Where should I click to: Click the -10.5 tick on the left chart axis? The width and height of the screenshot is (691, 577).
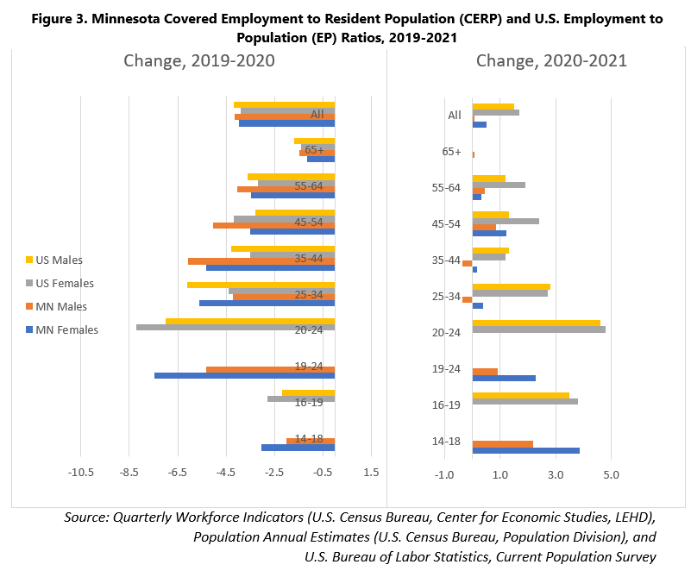click(x=80, y=473)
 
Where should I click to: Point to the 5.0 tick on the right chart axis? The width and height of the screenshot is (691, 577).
click(x=610, y=475)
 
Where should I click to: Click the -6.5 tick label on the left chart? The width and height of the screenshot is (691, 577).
click(x=178, y=473)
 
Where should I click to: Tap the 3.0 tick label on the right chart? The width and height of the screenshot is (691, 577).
click(x=556, y=475)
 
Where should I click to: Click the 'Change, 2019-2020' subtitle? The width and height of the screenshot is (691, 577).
click(x=200, y=60)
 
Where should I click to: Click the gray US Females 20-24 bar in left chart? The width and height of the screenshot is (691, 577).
click(x=235, y=328)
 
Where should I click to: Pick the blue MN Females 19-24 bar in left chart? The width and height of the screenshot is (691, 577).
click(x=244, y=376)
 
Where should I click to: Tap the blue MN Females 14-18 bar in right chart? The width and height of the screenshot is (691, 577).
click(x=525, y=450)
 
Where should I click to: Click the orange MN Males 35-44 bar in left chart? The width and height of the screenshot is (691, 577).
click(x=261, y=261)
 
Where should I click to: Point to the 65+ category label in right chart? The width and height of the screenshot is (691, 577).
click(x=451, y=152)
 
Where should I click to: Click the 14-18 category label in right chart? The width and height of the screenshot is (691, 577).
click(x=445, y=442)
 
